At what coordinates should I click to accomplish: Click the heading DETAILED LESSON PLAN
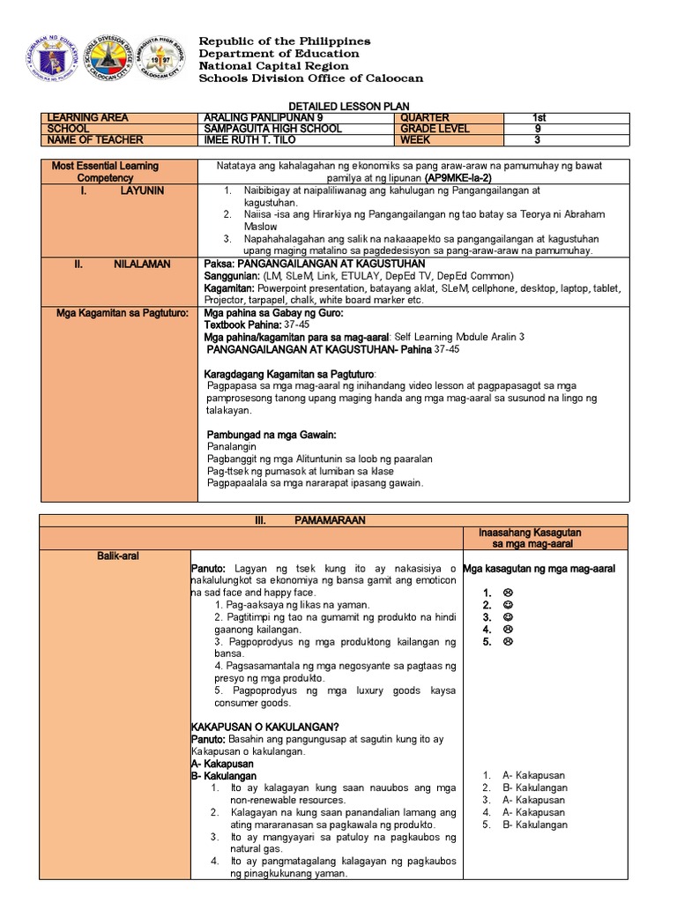(338, 105)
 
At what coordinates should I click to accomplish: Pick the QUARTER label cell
(425, 117)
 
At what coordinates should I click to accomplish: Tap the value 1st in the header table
(539, 117)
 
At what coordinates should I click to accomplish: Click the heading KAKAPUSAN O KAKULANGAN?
(249, 728)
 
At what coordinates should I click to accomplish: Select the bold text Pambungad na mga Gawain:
(272, 436)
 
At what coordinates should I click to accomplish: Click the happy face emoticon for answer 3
(509, 617)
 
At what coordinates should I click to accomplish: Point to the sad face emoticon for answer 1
(509, 593)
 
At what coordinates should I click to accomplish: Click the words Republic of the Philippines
(285, 41)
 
